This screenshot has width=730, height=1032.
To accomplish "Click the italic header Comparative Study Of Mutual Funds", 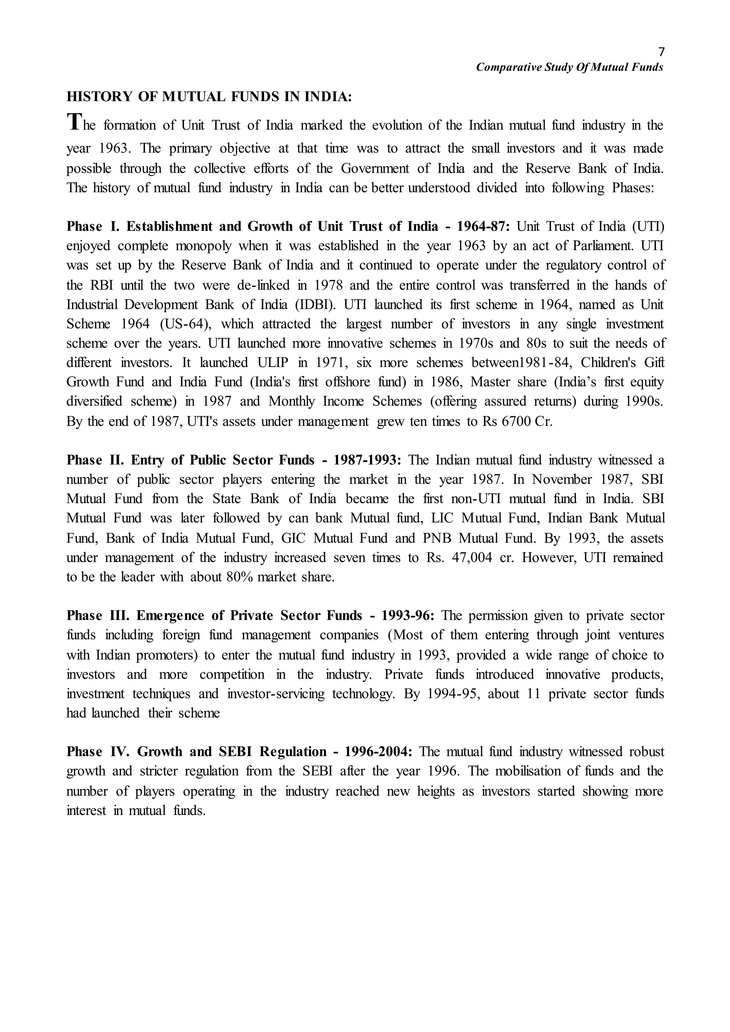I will coord(570,67).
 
